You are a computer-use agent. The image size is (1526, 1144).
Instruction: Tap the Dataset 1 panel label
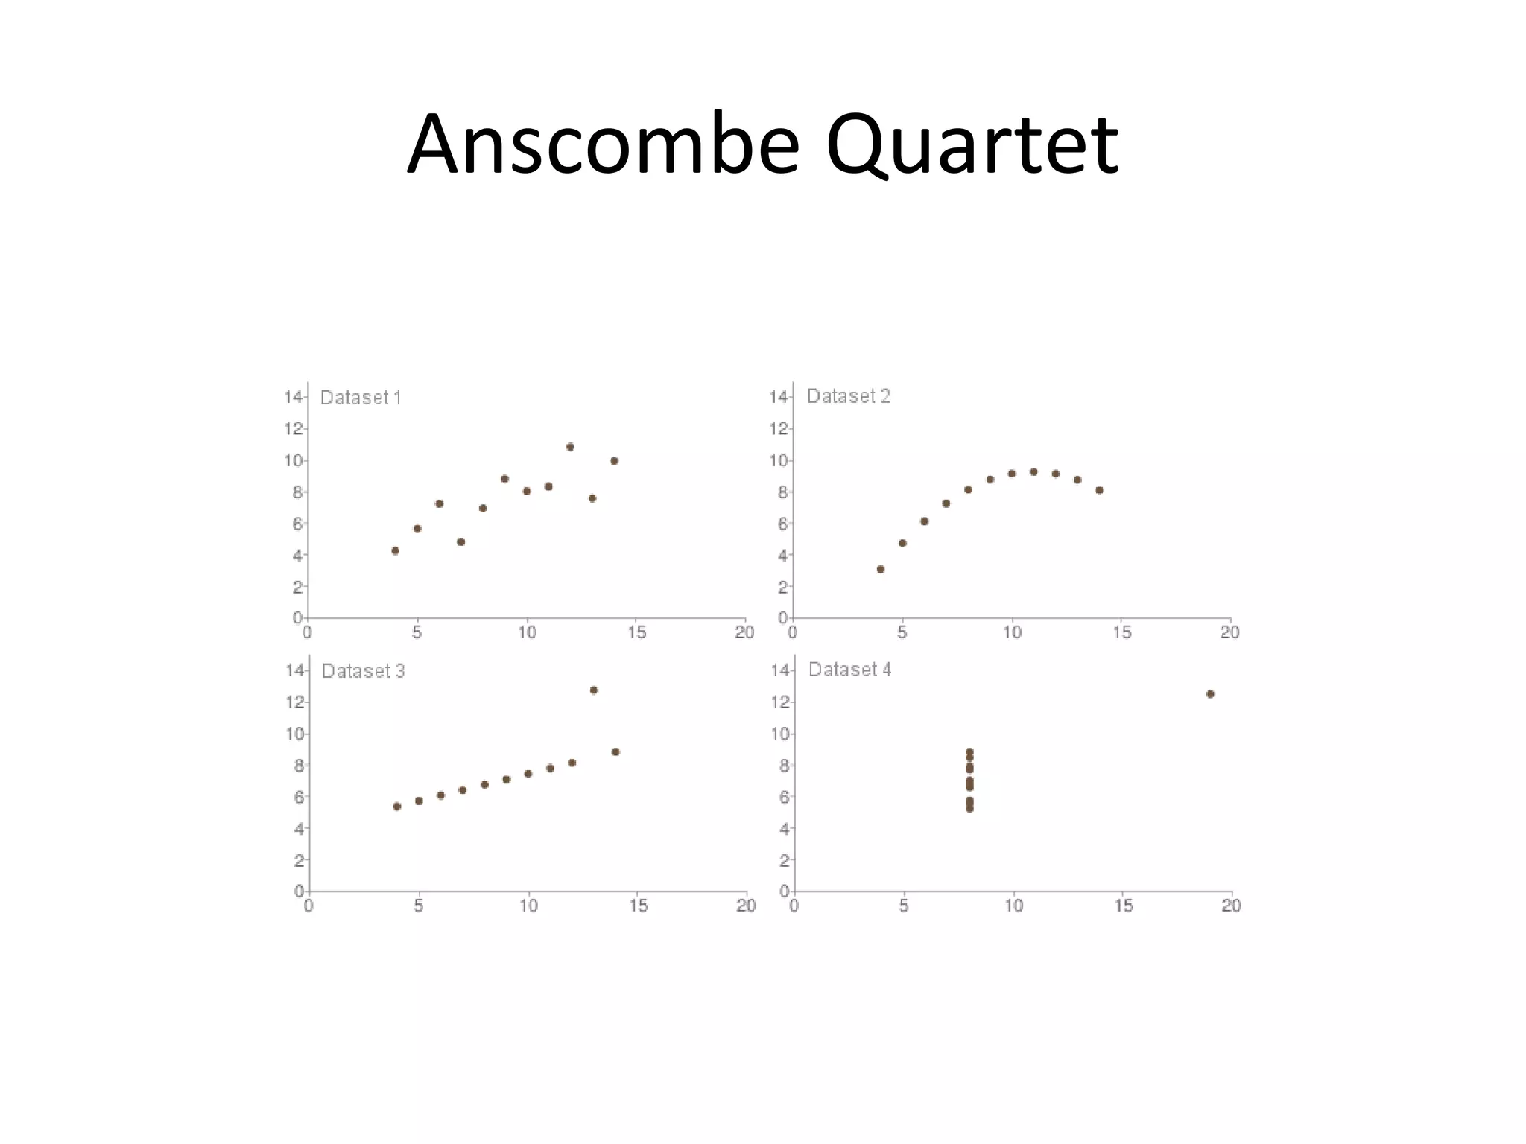pyautogui.click(x=361, y=398)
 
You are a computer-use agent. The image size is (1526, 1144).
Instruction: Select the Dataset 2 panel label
pyautogui.click(x=848, y=396)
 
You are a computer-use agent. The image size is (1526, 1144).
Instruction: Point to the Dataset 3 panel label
pyautogui.click(x=363, y=671)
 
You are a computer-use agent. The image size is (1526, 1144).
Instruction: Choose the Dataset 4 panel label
pyautogui.click(x=849, y=670)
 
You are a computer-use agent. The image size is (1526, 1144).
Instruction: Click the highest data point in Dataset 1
pyautogui.click(x=570, y=447)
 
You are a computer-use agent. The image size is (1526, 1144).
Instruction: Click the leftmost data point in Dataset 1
pyautogui.click(x=395, y=551)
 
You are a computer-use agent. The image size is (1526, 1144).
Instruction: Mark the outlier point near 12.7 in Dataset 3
pyautogui.click(x=594, y=690)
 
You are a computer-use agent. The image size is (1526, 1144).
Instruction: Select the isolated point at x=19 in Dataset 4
pyautogui.click(x=1210, y=694)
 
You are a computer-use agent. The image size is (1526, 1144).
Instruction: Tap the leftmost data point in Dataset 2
pyautogui.click(x=881, y=569)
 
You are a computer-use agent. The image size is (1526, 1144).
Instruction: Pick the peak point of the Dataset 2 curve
pyautogui.click(x=1033, y=471)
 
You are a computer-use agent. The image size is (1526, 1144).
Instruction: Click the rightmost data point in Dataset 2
pyautogui.click(x=1099, y=490)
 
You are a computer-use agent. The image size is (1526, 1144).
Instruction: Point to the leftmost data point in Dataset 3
pyautogui.click(x=397, y=806)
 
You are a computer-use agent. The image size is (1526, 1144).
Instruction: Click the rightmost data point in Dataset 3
pyautogui.click(x=615, y=751)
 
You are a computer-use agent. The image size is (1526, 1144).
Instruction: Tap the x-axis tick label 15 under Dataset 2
pyautogui.click(x=1122, y=632)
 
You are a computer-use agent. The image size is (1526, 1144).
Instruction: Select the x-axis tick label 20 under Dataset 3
pyautogui.click(x=746, y=906)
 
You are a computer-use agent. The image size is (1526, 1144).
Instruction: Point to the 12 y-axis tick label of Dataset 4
pyautogui.click(x=779, y=702)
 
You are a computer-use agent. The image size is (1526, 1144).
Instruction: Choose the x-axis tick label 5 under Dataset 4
pyautogui.click(x=904, y=906)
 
